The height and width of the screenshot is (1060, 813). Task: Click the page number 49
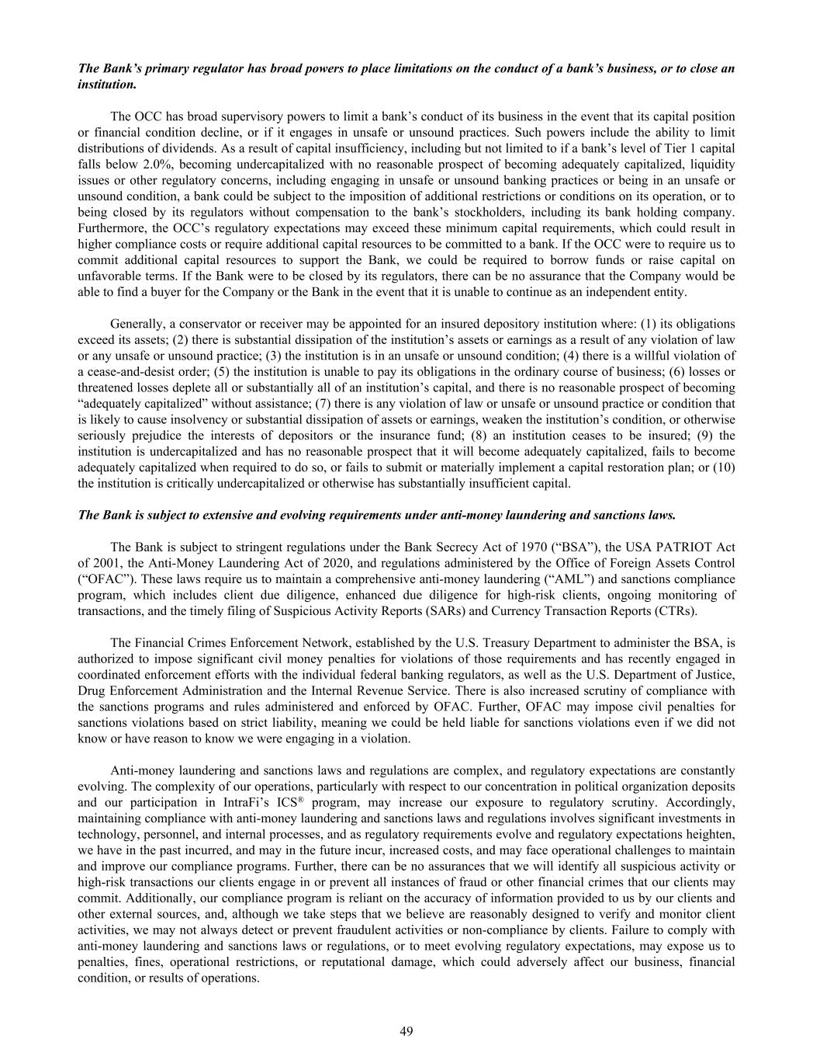point(406,1030)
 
